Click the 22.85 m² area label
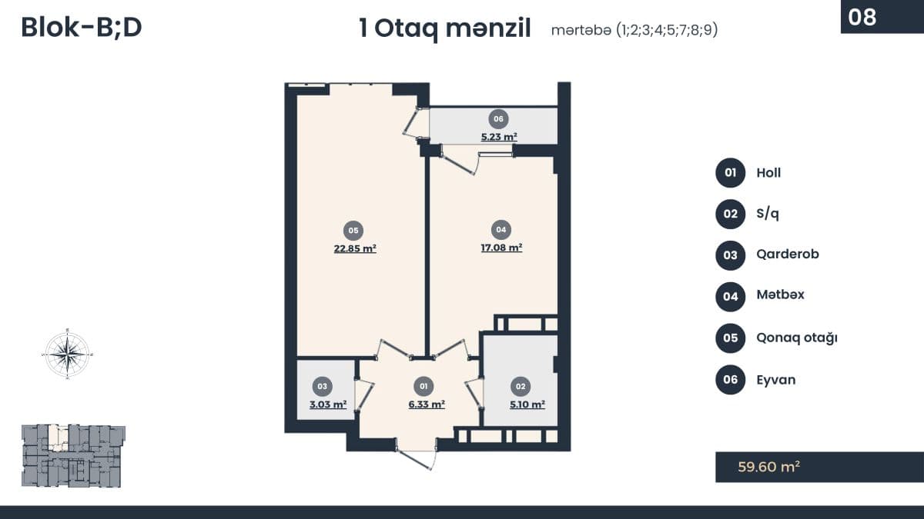point(355,248)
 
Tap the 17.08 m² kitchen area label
point(501,247)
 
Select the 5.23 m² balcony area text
point(499,136)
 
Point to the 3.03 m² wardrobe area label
point(328,404)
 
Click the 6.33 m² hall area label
point(427,404)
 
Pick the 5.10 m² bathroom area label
point(527,404)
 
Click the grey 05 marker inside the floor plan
point(353,230)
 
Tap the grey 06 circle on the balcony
point(498,118)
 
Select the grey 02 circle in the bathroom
point(521,386)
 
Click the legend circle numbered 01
point(730,172)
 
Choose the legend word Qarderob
point(788,255)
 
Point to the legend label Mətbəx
point(781,294)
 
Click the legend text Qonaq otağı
point(797,338)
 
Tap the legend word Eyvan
point(776,379)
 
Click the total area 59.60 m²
point(768,467)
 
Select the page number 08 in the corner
point(862,17)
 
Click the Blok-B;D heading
point(82,28)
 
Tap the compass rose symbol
point(68,354)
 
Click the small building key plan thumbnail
point(73,455)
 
